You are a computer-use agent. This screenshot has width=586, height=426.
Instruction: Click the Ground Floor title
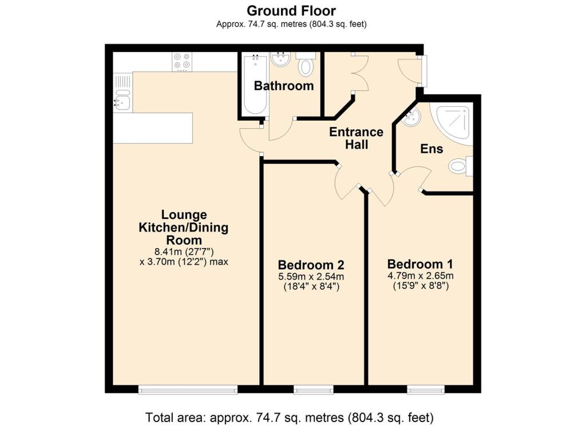tap(291, 10)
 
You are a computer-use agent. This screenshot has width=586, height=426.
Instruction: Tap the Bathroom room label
tap(284, 86)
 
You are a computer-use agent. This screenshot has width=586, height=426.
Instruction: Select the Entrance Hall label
tap(356, 138)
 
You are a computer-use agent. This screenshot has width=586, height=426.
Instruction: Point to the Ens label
tap(431, 149)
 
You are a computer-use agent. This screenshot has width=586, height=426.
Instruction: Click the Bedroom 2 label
tap(311, 265)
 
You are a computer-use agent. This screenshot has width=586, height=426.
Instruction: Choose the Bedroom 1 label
tap(420, 264)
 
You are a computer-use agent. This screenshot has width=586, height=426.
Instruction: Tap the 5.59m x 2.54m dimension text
tap(311, 277)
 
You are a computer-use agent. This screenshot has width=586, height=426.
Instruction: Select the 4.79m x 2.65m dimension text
tap(421, 276)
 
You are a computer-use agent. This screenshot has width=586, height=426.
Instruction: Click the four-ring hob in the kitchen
tap(183, 62)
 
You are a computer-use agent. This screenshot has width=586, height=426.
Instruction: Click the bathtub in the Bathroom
tap(255, 85)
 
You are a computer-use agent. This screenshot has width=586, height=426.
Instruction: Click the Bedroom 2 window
tap(313, 390)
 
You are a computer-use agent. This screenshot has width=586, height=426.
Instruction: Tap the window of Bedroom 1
tap(426, 390)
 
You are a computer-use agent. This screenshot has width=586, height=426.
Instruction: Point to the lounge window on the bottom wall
tap(188, 390)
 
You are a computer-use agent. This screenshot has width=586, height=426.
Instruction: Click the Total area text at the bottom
tap(289, 417)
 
